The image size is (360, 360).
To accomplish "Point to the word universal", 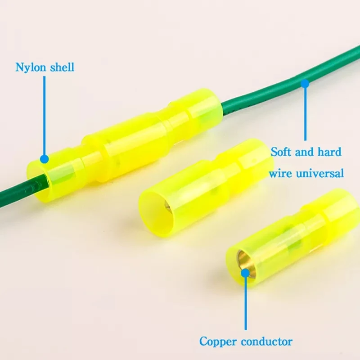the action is (x=321, y=173).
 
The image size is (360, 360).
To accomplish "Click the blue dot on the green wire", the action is (x=305, y=83).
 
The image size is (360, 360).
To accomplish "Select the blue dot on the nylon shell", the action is (x=44, y=159).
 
